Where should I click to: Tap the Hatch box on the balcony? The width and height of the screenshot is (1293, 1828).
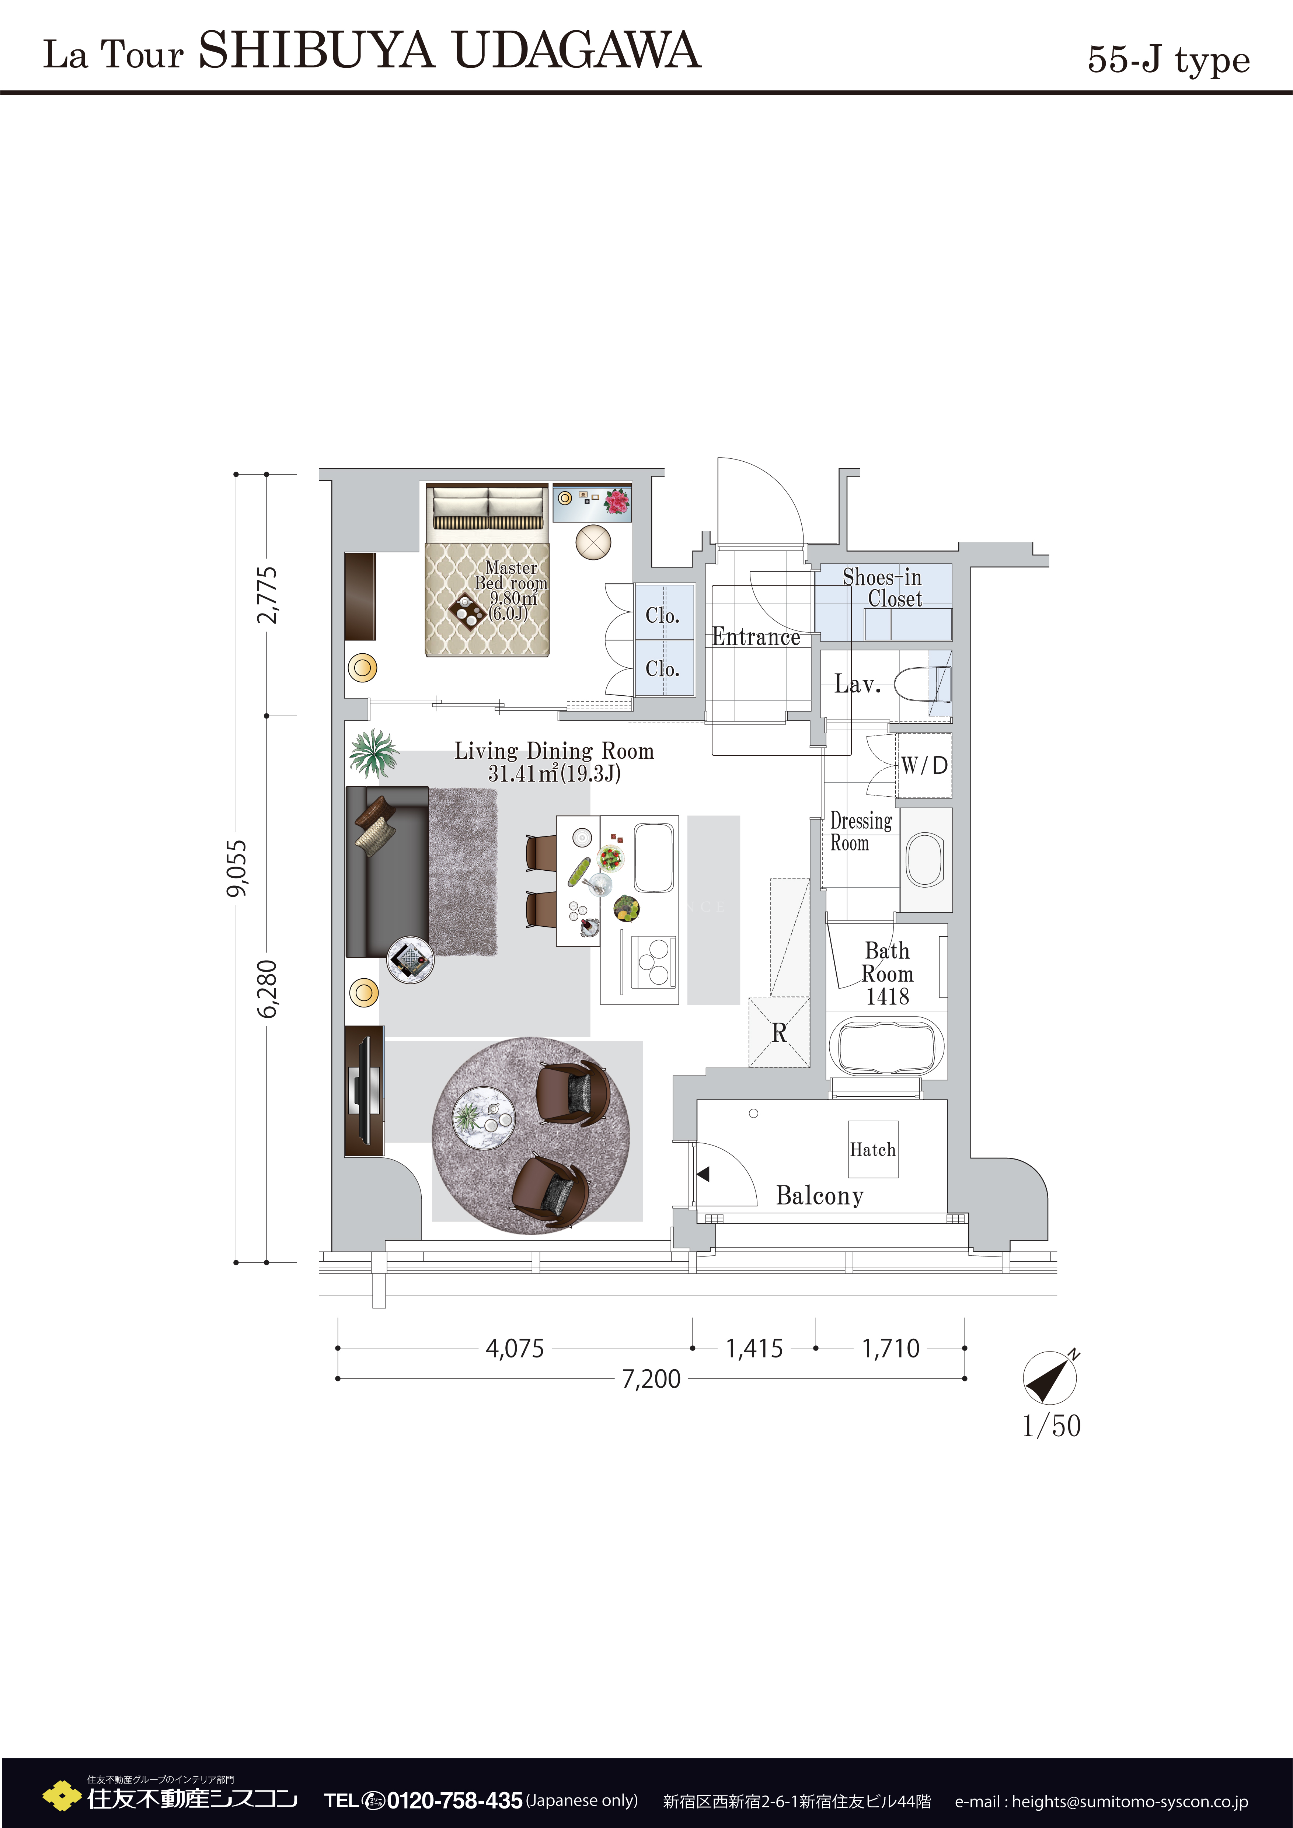click(872, 1149)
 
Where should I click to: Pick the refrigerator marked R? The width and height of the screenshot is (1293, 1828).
click(779, 1032)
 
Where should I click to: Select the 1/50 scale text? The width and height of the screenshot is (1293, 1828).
click(1051, 1425)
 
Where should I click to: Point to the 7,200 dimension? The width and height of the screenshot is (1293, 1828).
click(651, 1378)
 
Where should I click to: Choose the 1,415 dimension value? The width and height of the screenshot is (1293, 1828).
click(754, 1348)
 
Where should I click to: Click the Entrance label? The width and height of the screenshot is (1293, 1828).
click(756, 637)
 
